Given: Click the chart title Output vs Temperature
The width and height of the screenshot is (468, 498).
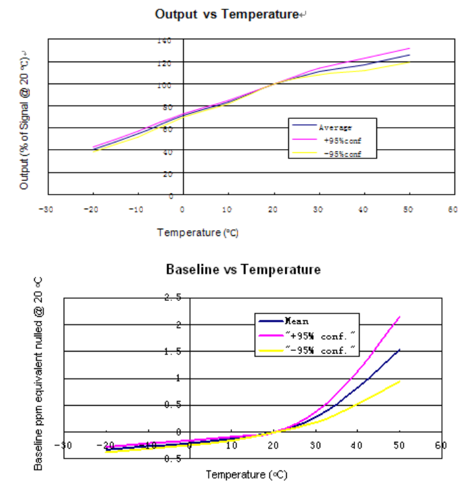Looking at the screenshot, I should coord(226,13).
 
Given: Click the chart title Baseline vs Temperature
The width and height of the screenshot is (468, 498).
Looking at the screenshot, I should coord(243,269).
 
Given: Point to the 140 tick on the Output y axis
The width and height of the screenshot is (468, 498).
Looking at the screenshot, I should coord(164,41).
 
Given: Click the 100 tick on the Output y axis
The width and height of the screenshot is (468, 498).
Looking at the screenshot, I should coord(164,85).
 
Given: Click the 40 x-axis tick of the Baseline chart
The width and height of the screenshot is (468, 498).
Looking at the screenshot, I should coord(357,445).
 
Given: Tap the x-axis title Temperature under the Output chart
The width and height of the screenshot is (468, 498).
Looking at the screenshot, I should coord(198,233).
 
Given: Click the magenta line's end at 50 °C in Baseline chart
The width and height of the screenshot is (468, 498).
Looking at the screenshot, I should coord(400,316).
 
